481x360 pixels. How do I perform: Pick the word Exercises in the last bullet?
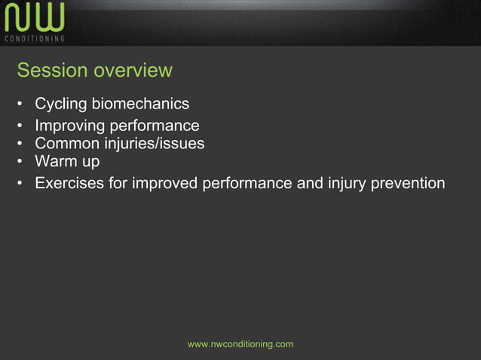click(x=69, y=183)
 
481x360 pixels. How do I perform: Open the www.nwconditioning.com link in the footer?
click(x=240, y=344)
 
